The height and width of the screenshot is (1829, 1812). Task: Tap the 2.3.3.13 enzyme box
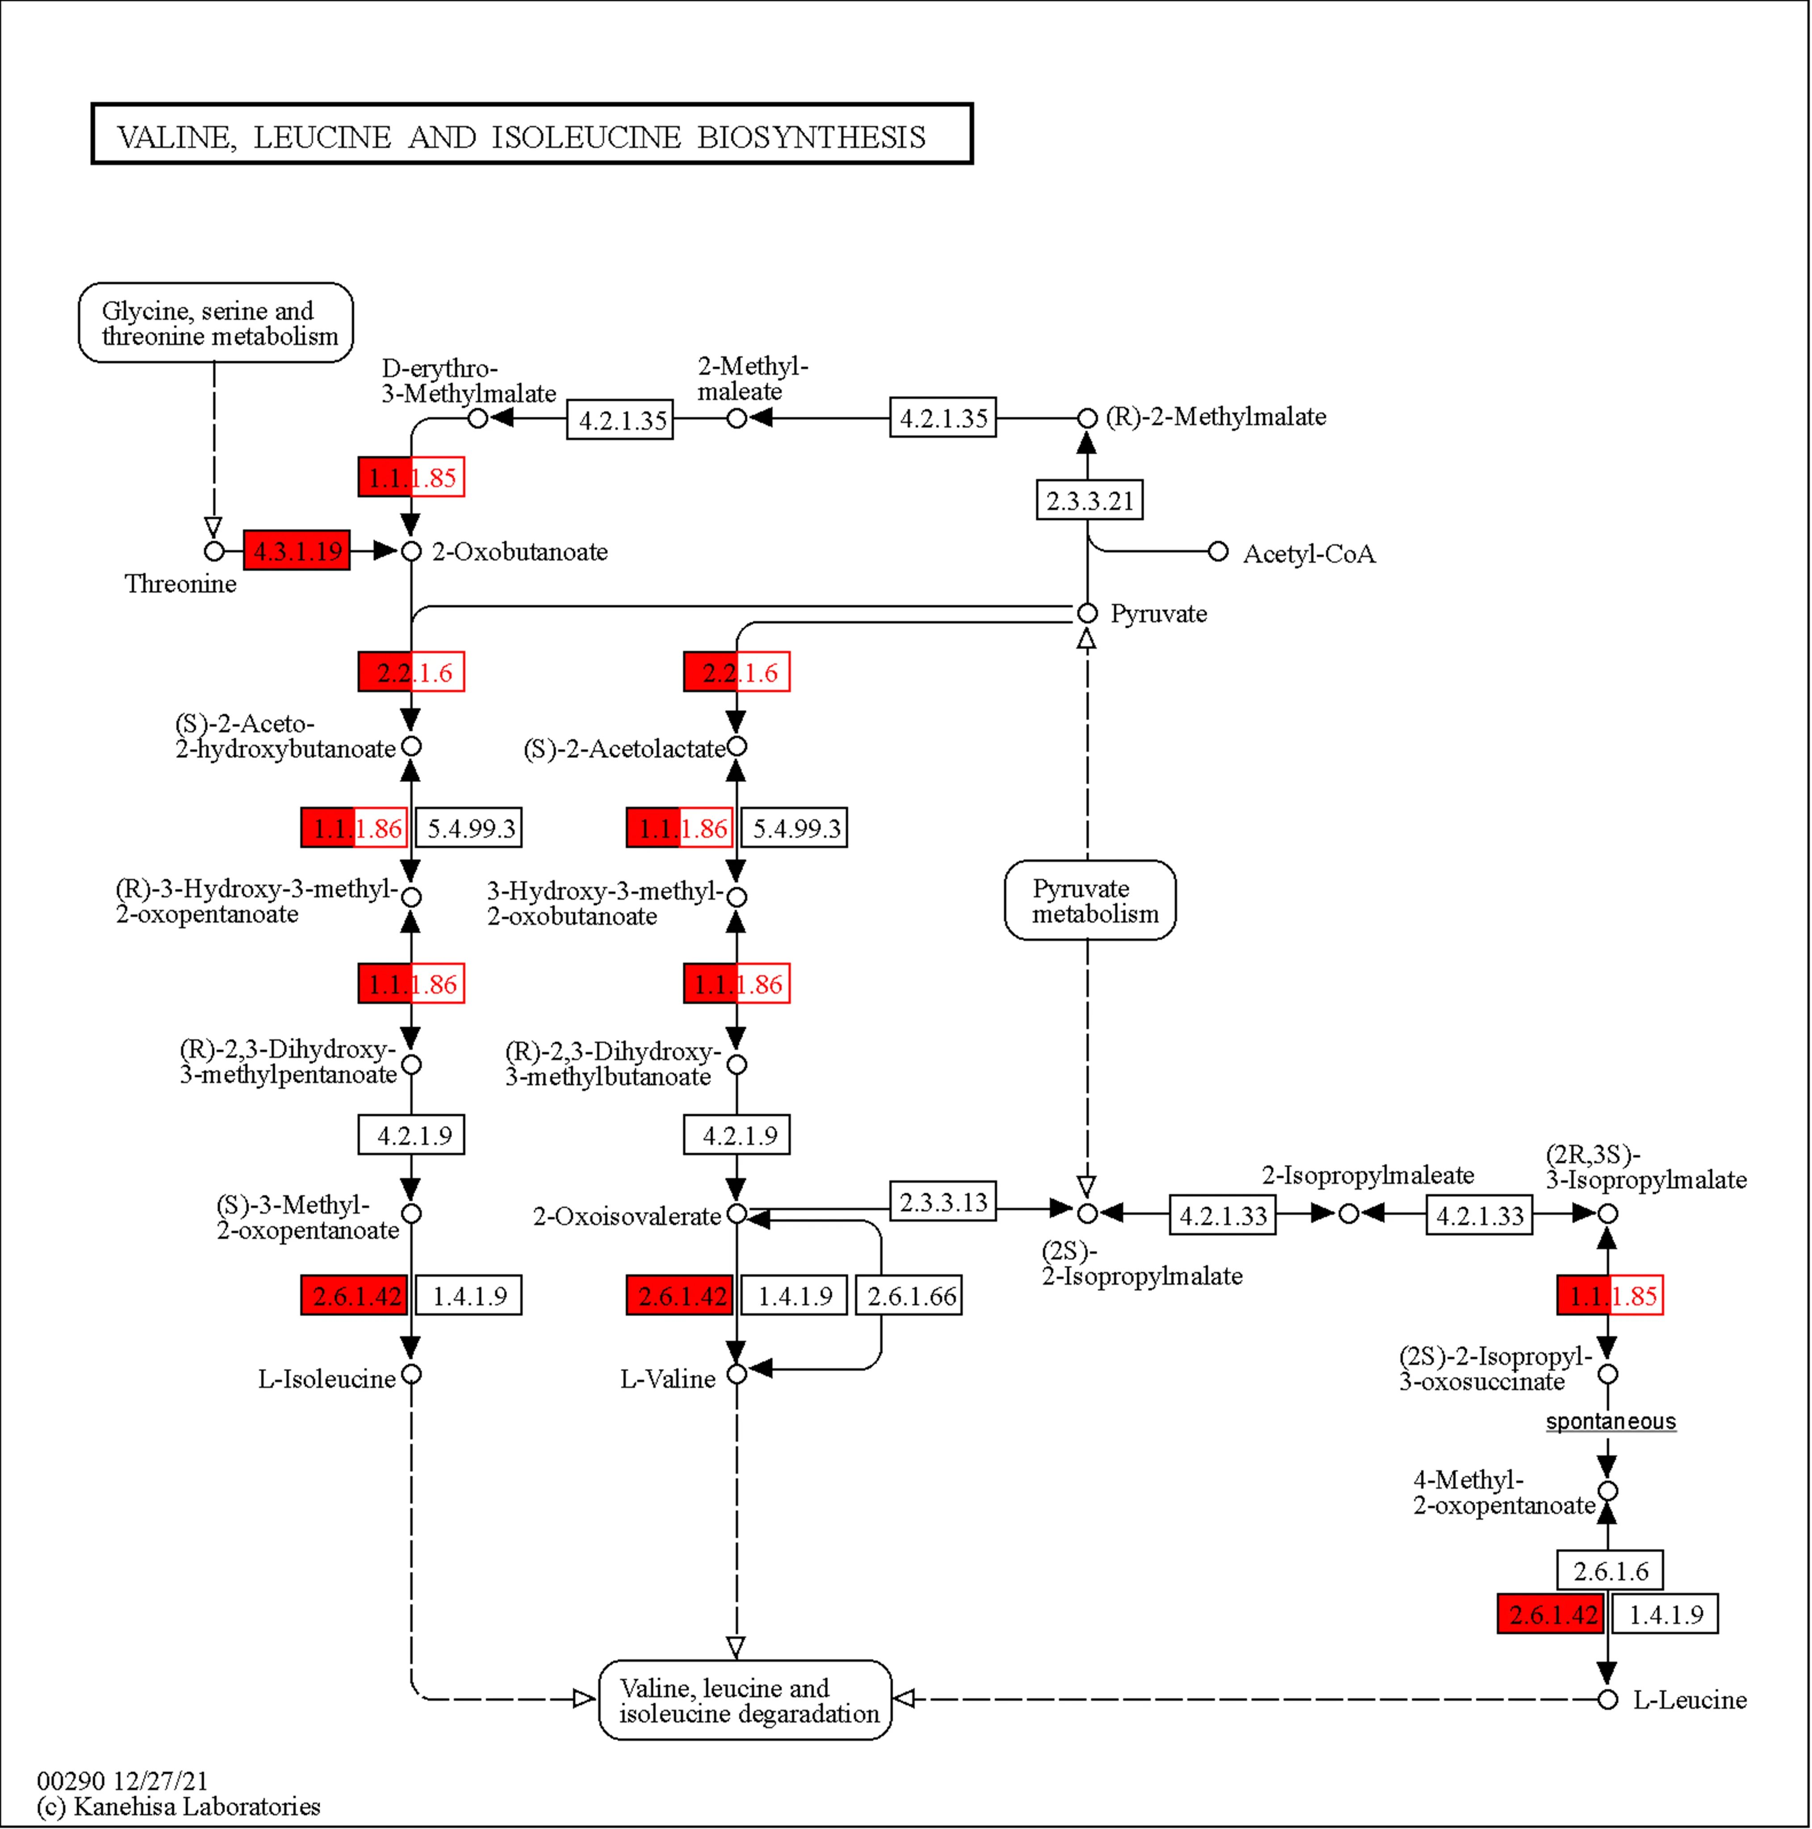[943, 1201]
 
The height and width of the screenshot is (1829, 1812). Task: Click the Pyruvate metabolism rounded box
[1090, 900]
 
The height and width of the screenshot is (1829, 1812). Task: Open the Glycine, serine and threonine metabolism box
[216, 323]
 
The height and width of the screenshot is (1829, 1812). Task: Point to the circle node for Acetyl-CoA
[1218, 551]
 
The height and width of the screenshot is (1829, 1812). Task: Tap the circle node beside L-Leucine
[1607, 1699]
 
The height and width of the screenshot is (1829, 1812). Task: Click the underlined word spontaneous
[1611, 1421]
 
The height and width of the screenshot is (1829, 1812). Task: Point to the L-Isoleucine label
[326, 1378]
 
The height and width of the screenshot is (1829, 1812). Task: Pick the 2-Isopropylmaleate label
[1367, 1175]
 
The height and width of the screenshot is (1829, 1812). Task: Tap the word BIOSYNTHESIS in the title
[812, 137]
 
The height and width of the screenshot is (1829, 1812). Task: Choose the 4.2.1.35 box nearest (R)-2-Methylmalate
[943, 418]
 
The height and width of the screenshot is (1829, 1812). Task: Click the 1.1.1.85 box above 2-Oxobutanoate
[411, 477]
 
